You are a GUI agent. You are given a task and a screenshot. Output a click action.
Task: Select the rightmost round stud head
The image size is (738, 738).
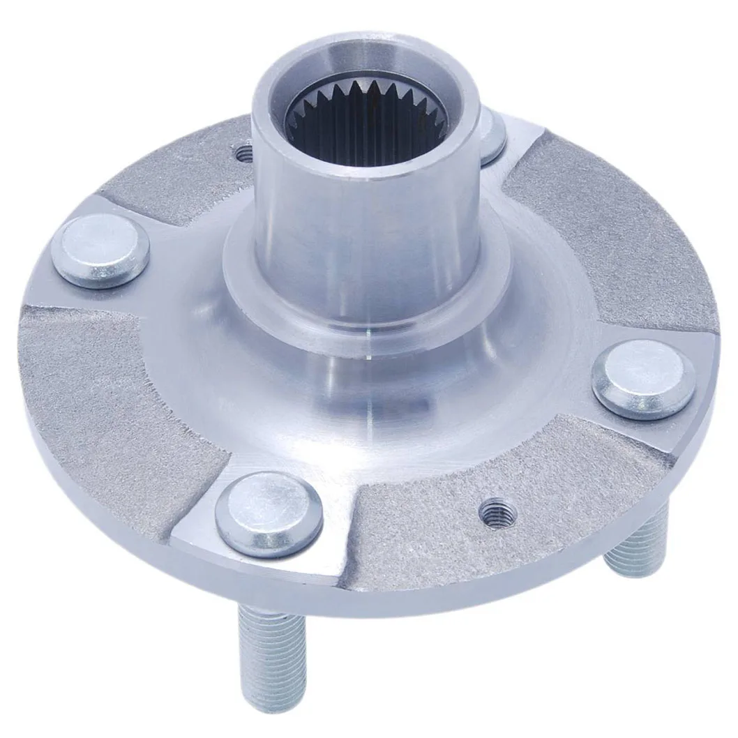pyautogui.click(x=643, y=379)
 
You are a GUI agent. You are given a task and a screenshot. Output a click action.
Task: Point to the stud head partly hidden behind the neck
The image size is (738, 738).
pyautogui.click(x=492, y=134)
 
